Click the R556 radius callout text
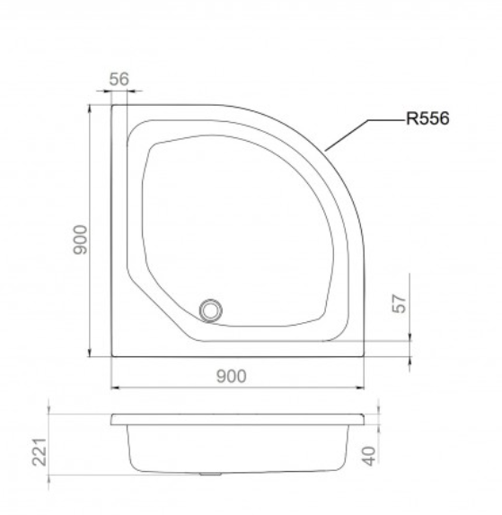click(x=427, y=118)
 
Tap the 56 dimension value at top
click(x=119, y=79)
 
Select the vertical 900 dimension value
click(x=80, y=240)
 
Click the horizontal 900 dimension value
click(x=232, y=377)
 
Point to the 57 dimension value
click(x=400, y=303)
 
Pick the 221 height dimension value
click(x=40, y=452)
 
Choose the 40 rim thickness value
click(x=369, y=456)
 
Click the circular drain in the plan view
click(x=211, y=310)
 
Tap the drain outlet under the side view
click(x=210, y=474)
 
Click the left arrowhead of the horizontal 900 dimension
click(x=114, y=388)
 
